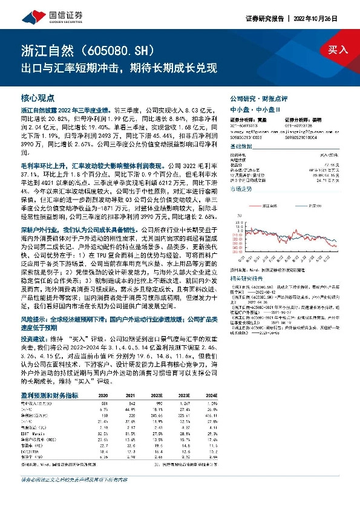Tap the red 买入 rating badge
pos(338,50)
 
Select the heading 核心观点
pos(38,97)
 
